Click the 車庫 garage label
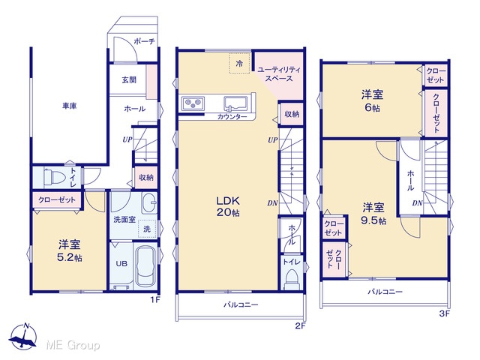pos(70,106)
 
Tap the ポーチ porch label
pos(144,41)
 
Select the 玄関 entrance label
pos(129,80)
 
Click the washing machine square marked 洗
pos(147,229)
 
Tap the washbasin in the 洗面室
pos(150,203)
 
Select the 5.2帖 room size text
pos(70,258)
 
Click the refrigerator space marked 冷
pos(240,63)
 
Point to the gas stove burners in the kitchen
pos(193,103)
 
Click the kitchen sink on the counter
pos(235,104)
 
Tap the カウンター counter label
pos(232,117)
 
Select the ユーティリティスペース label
pos(279,74)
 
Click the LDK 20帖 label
pos(228,206)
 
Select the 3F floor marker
pos(444,313)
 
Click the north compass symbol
pos(23,336)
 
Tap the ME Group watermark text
pos(73,345)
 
